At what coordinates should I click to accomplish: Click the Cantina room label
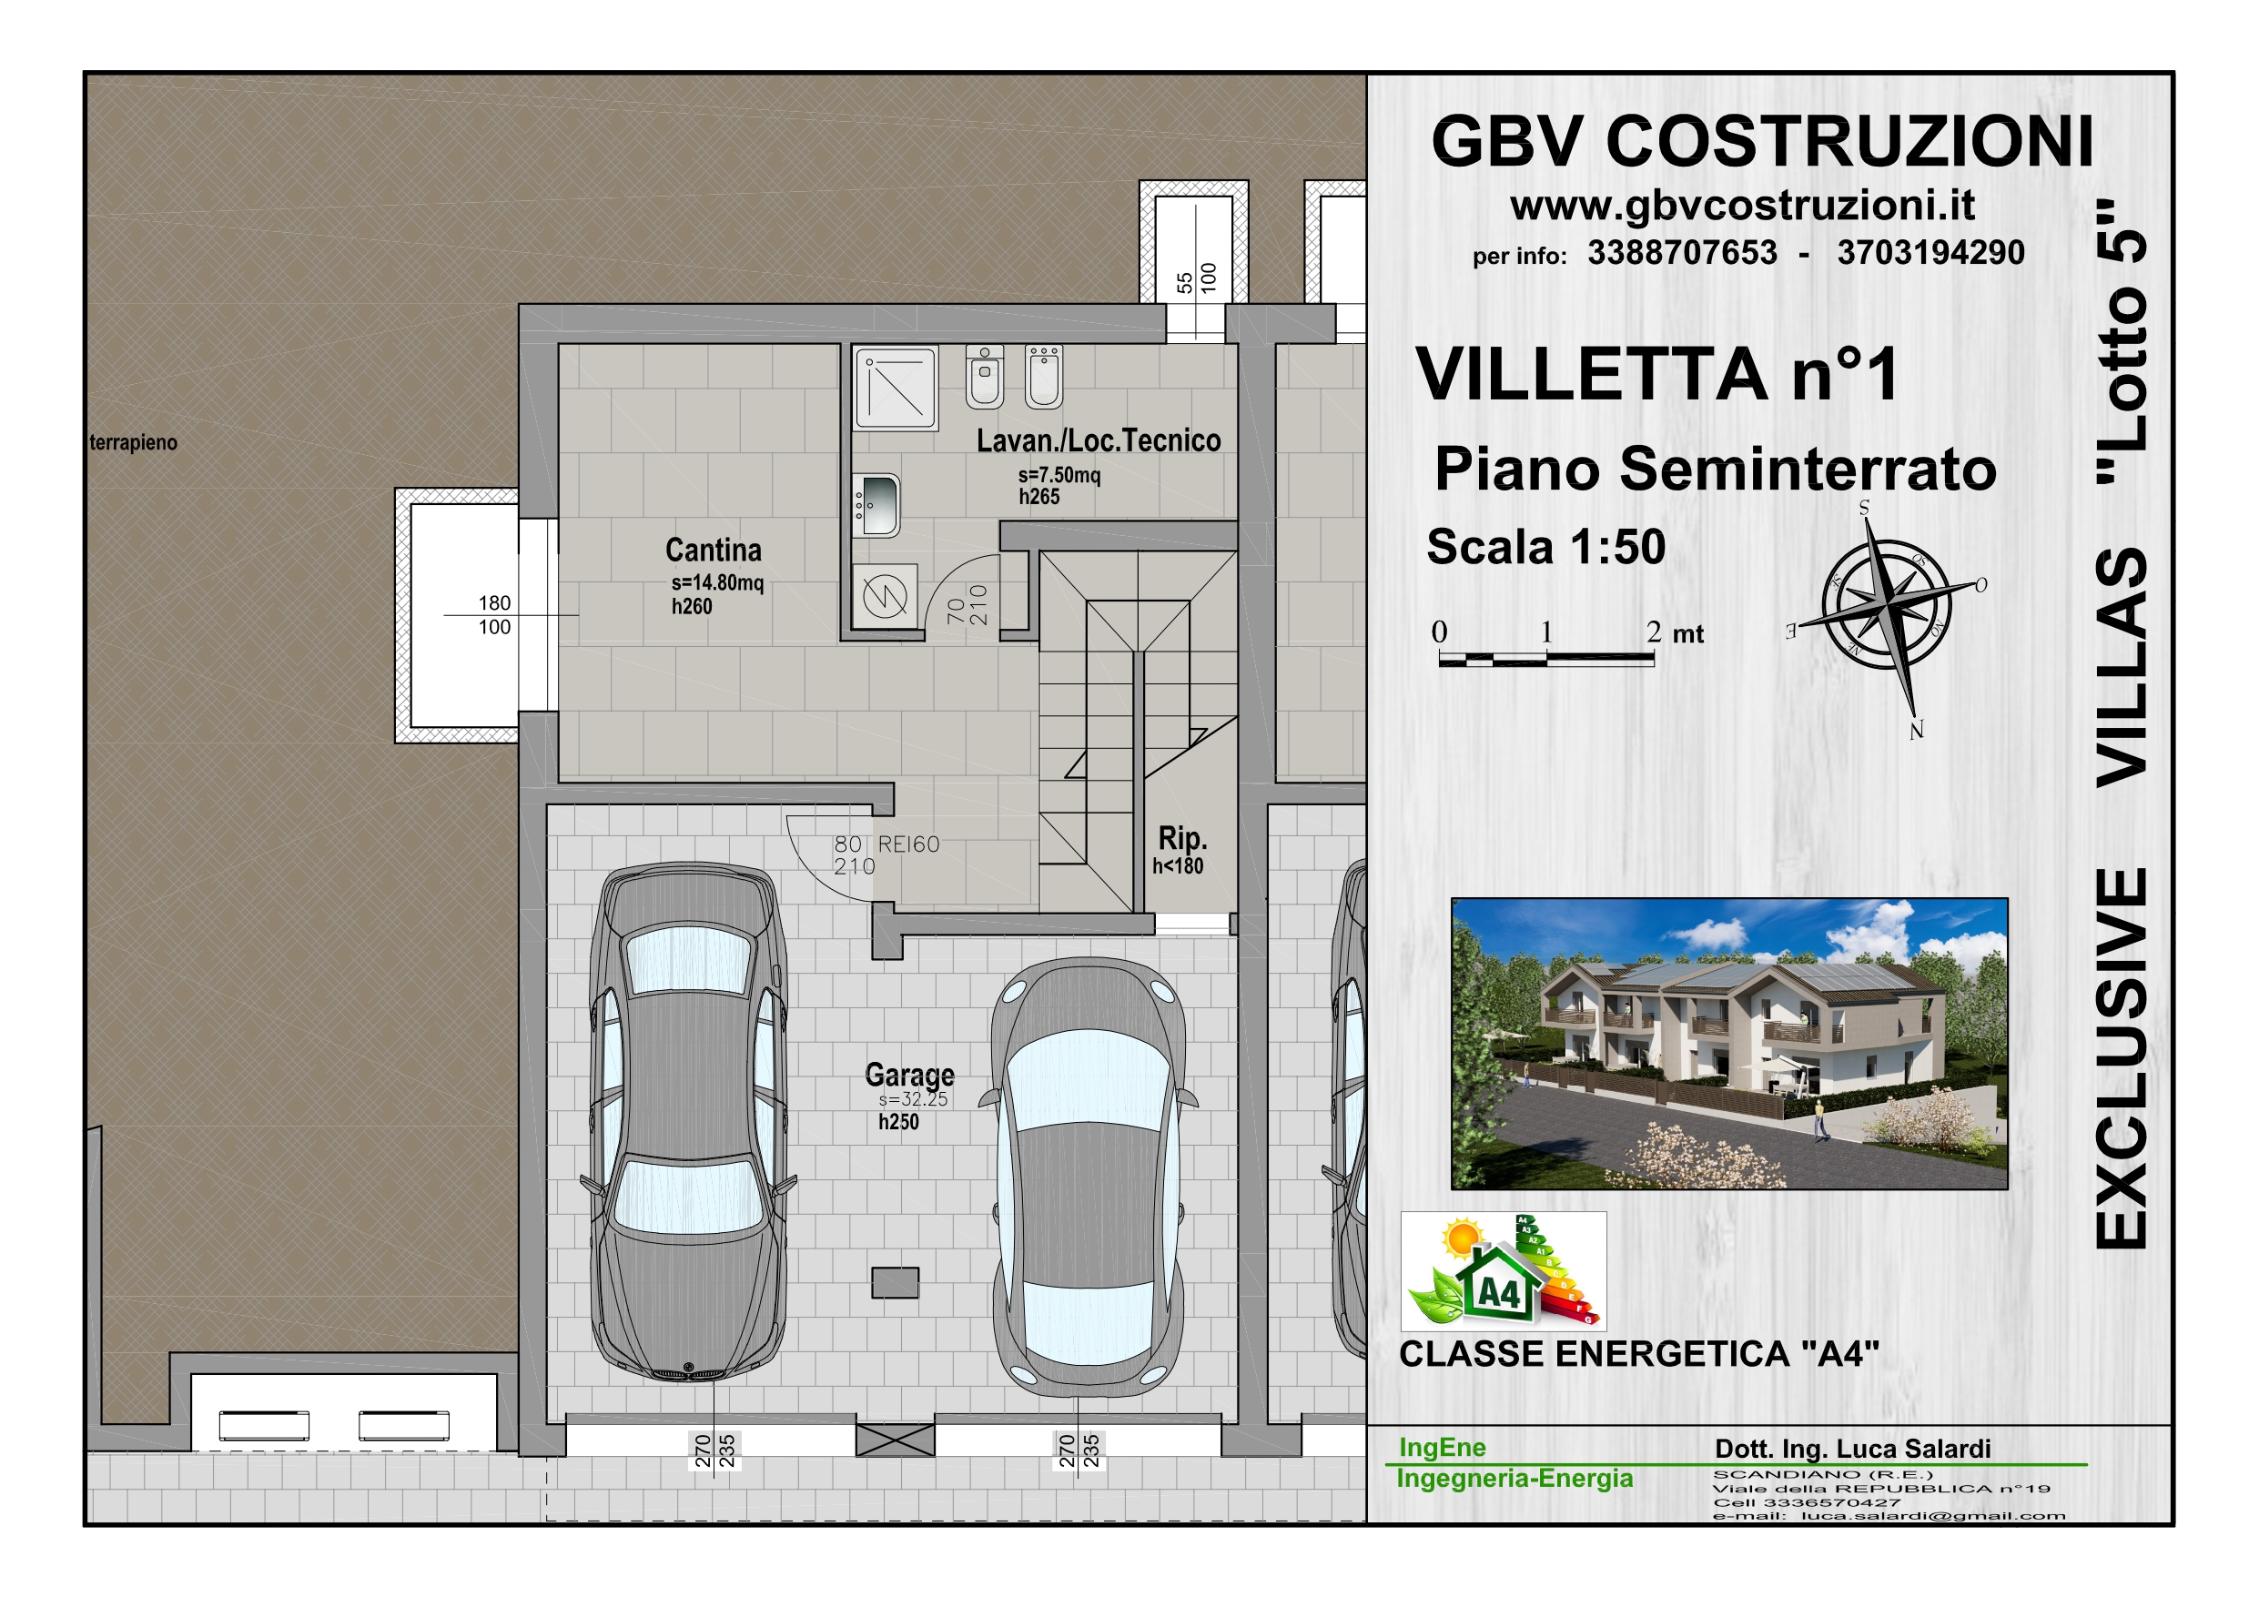coord(714,550)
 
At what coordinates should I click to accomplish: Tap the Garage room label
coord(909,1075)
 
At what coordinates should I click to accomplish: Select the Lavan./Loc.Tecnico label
coord(1098,440)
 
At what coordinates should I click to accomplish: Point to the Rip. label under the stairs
coord(1181,838)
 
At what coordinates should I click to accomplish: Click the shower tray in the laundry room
coord(896,388)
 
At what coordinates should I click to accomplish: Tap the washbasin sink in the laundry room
coord(876,506)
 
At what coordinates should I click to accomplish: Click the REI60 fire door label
coord(908,844)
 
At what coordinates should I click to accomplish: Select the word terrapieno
coord(134,443)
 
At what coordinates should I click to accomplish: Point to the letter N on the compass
coord(1916,730)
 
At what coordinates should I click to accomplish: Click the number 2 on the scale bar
coord(1654,632)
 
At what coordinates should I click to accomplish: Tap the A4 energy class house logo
coord(1504,1271)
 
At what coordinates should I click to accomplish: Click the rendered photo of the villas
coord(1729,1043)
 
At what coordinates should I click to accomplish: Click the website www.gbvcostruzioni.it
coord(1742,205)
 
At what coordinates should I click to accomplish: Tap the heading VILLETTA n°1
coord(1656,374)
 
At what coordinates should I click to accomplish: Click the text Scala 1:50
coord(1545,547)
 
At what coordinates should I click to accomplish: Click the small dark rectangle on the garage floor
coord(896,1283)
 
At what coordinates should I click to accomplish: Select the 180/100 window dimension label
coord(494,615)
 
